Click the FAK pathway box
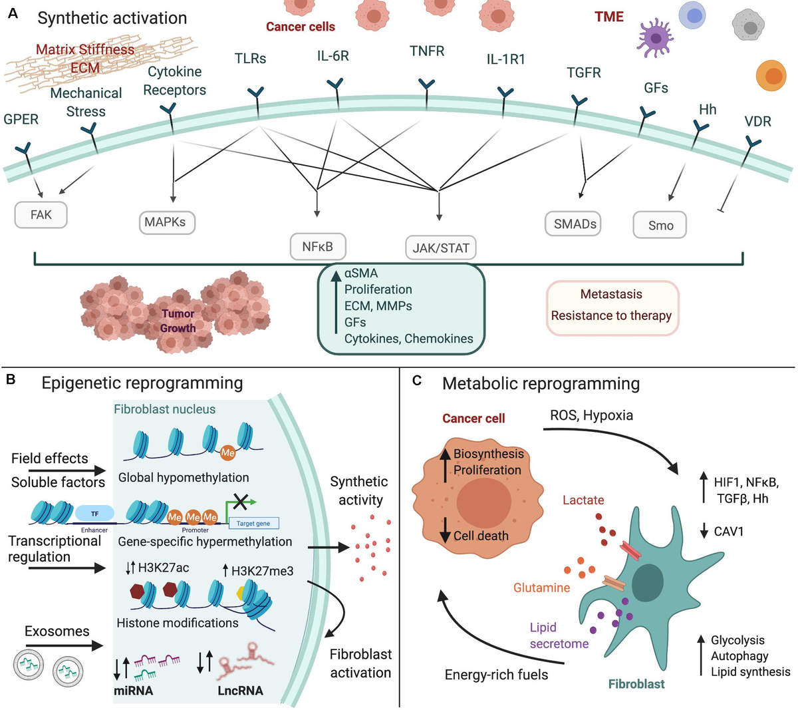41,215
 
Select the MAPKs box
166,222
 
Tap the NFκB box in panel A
317,247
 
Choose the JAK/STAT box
441,248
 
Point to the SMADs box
575,224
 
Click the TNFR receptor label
426,51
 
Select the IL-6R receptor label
332,56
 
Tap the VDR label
757,121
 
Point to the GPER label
21,119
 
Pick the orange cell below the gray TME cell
772,77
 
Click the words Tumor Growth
178,321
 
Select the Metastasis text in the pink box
611,294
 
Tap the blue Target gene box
253,523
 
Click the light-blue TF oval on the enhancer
94,514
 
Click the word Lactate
583,500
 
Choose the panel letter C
416,381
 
